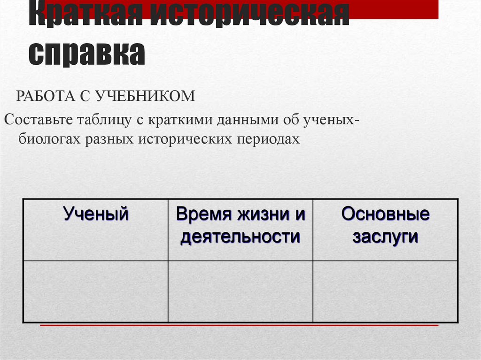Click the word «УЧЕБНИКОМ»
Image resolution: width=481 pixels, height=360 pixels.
pyautogui.click(x=145, y=96)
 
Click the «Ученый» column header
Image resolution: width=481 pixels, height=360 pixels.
pyautogui.click(x=96, y=214)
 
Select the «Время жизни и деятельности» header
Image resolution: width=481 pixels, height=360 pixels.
pyautogui.click(x=240, y=225)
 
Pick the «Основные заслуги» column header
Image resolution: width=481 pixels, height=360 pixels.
pyautogui.click(x=385, y=225)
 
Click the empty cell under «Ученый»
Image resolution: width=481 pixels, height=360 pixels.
pyautogui.click(x=96, y=291)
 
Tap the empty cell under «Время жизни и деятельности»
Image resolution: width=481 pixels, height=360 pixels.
pyautogui.click(x=240, y=291)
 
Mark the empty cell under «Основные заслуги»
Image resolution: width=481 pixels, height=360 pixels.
pyautogui.click(x=385, y=291)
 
